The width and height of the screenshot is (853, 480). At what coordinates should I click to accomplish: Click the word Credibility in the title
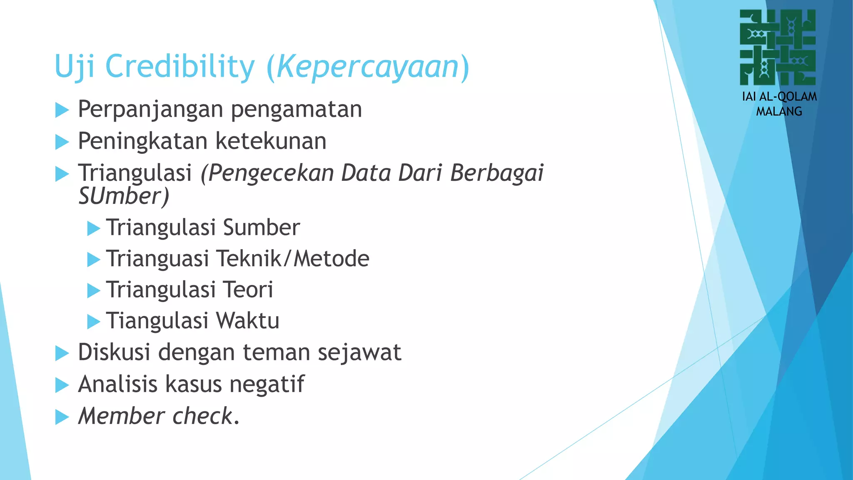point(180,67)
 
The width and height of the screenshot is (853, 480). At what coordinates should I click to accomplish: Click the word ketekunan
point(271,141)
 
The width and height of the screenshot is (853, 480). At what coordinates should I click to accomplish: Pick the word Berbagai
point(497,173)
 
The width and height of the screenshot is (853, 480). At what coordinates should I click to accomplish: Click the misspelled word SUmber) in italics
point(124,196)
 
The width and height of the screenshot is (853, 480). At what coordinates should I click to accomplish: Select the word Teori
point(248,290)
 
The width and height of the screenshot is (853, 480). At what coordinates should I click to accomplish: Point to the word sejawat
point(359,352)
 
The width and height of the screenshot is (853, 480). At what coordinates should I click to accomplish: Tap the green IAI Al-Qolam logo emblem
point(778,47)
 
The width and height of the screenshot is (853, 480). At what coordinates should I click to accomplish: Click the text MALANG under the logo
point(779,112)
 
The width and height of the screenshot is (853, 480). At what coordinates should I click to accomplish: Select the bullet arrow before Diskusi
point(62,354)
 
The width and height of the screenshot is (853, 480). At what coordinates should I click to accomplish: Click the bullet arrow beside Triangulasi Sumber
point(94,229)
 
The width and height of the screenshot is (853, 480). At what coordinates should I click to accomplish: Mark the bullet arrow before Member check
point(62,417)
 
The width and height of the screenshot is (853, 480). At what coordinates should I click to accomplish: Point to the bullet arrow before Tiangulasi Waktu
point(94,322)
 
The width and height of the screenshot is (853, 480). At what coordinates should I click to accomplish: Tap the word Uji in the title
point(75,67)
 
